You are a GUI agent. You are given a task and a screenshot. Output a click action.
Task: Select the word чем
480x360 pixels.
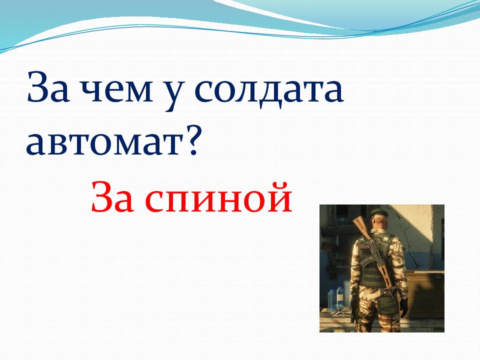click(x=115, y=90)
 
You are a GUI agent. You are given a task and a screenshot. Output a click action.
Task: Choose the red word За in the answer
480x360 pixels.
click(x=112, y=197)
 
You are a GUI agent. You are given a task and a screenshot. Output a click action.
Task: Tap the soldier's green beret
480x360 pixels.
click(x=378, y=212)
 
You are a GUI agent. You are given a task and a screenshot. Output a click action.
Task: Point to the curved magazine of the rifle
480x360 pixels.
click(x=366, y=259)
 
